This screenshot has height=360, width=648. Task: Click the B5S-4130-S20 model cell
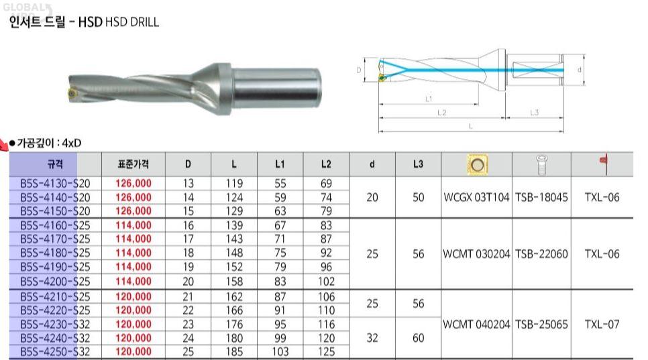[55, 183]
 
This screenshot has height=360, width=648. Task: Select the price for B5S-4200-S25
[133, 281]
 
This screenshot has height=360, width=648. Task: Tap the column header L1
[280, 164]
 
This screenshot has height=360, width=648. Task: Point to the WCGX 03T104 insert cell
[476, 197]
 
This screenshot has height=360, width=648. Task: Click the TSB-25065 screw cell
[541, 324]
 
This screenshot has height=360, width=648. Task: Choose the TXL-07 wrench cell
[602, 324]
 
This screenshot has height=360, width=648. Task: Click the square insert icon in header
[478, 165]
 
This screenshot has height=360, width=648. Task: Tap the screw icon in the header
[541, 164]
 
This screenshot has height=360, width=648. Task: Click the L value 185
[234, 352]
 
